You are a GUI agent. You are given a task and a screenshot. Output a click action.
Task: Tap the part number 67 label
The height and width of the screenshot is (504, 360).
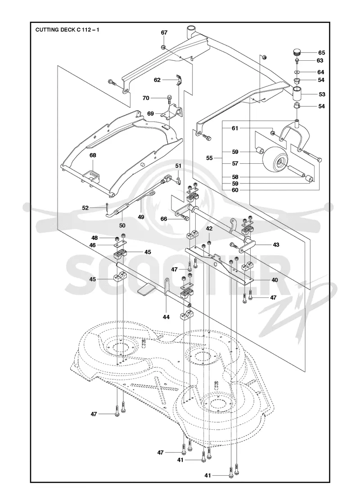tap(164, 32)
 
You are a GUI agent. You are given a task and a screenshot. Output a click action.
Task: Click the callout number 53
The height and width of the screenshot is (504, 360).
tap(322, 94)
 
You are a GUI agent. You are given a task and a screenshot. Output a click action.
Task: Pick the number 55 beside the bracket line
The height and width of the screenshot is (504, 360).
tap(210, 158)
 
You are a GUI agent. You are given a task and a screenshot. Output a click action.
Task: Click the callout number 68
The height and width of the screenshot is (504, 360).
tap(93, 155)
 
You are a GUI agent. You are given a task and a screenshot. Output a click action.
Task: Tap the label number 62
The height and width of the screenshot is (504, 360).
tap(157, 80)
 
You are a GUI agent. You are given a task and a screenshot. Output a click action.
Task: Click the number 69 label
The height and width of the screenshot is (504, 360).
tap(150, 113)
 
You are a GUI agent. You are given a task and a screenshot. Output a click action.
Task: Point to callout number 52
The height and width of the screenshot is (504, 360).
tap(85, 208)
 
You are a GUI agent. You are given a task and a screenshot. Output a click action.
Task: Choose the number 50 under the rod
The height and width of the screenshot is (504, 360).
tap(122, 225)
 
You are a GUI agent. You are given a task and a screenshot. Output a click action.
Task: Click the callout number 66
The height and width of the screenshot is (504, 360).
tap(164, 219)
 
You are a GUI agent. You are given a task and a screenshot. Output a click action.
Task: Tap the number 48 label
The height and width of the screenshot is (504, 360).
tap(94, 238)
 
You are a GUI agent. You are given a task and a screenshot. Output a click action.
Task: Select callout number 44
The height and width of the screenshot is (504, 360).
tap(166, 317)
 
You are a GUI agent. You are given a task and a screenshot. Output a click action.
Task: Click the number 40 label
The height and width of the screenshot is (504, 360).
tap(274, 280)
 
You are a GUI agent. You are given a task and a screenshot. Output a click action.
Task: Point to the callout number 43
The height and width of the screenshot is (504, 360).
tap(276, 245)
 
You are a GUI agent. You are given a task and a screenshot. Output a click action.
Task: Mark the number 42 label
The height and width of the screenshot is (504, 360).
tap(209, 229)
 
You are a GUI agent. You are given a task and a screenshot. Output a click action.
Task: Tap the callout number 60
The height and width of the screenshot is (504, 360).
tap(235, 190)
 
